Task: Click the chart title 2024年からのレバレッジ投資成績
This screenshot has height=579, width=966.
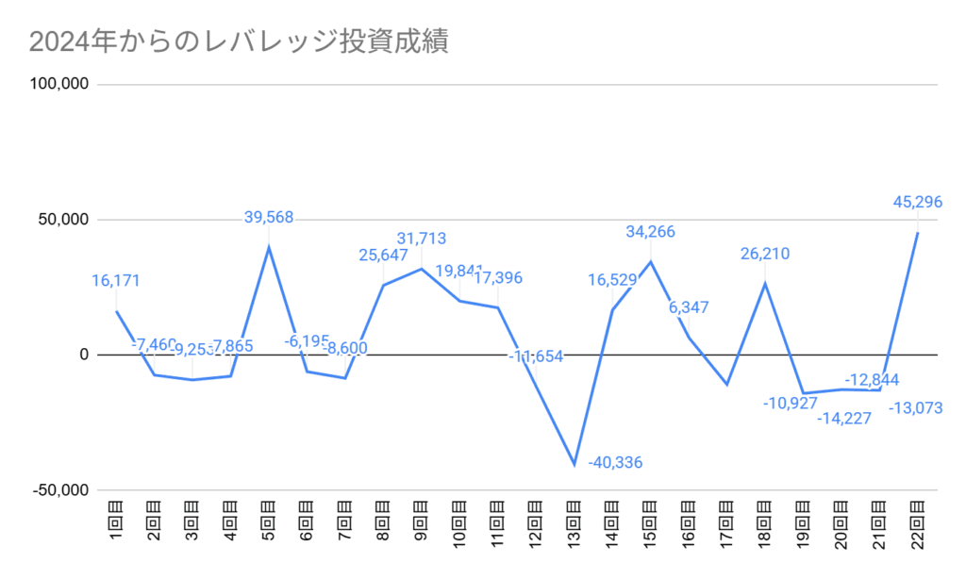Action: click(238, 42)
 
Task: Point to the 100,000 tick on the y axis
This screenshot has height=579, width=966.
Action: click(59, 84)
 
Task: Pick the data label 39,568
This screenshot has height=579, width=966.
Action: click(269, 217)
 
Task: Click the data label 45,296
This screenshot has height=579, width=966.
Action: click(918, 202)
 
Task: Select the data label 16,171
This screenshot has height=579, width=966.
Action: click(117, 281)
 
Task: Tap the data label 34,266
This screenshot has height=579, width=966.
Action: click(651, 232)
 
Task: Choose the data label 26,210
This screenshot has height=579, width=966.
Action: click(765, 254)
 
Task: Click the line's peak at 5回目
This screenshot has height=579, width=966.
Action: click(269, 247)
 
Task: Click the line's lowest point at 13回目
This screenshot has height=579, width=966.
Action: click(575, 464)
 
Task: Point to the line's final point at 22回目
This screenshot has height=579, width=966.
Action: click(918, 233)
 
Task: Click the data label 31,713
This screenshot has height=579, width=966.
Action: click(422, 239)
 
